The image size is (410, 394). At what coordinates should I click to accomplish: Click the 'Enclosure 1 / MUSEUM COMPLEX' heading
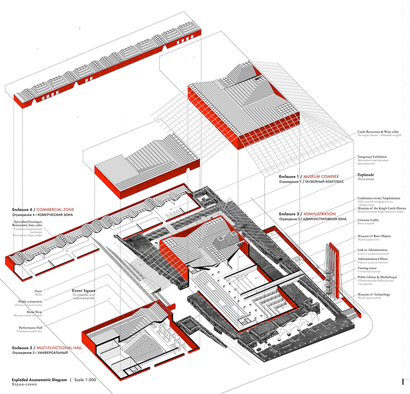click(x=309, y=177)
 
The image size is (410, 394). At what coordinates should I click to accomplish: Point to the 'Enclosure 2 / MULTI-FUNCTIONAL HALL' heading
click(x=47, y=347)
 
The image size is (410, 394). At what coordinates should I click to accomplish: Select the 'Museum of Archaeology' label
click(x=374, y=294)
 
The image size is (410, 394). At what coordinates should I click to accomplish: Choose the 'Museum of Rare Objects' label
click(x=374, y=236)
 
